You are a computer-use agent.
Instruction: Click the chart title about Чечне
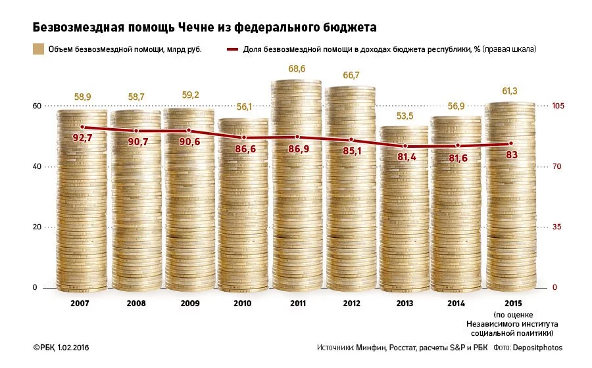click(205, 28)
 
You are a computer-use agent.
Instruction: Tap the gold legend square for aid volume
click(39, 49)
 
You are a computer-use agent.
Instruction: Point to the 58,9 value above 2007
click(82, 97)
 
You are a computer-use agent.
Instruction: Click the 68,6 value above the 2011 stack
click(297, 68)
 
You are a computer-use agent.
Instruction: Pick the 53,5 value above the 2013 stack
click(404, 116)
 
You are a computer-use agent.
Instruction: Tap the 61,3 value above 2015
click(510, 91)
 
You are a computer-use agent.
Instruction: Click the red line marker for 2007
click(82, 127)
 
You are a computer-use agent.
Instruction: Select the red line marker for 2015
click(510, 143)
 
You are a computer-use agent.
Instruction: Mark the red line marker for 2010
click(243, 137)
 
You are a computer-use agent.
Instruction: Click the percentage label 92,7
click(82, 139)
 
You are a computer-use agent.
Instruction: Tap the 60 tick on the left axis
click(37, 106)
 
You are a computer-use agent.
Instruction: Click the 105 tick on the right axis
click(558, 106)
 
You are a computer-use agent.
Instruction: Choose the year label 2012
click(351, 303)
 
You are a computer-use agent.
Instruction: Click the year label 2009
click(189, 303)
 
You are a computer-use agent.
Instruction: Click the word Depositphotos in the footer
click(538, 347)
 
